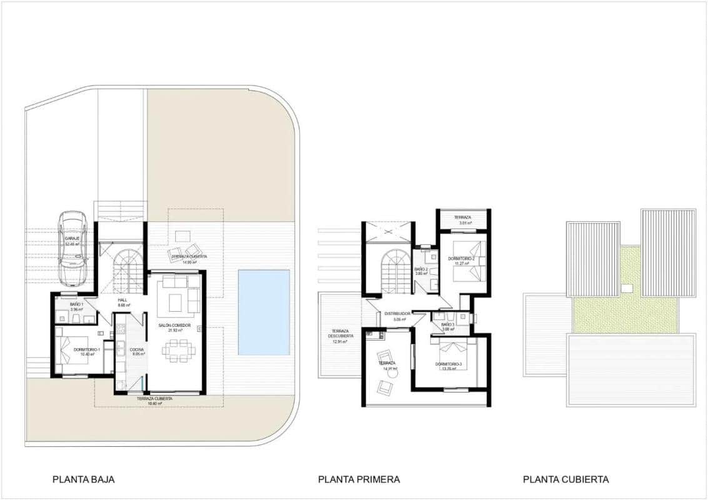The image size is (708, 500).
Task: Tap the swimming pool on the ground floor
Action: point(264,312)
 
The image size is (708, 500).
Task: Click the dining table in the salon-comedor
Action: point(178,350)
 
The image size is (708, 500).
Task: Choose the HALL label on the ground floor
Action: point(123,301)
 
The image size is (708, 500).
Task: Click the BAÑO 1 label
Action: point(77,304)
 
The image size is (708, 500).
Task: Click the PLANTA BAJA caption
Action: point(83,479)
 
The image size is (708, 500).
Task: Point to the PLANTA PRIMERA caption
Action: point(359,479)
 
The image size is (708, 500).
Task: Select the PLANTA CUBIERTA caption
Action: point(565,479)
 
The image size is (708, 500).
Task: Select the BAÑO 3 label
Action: point(448,325)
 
